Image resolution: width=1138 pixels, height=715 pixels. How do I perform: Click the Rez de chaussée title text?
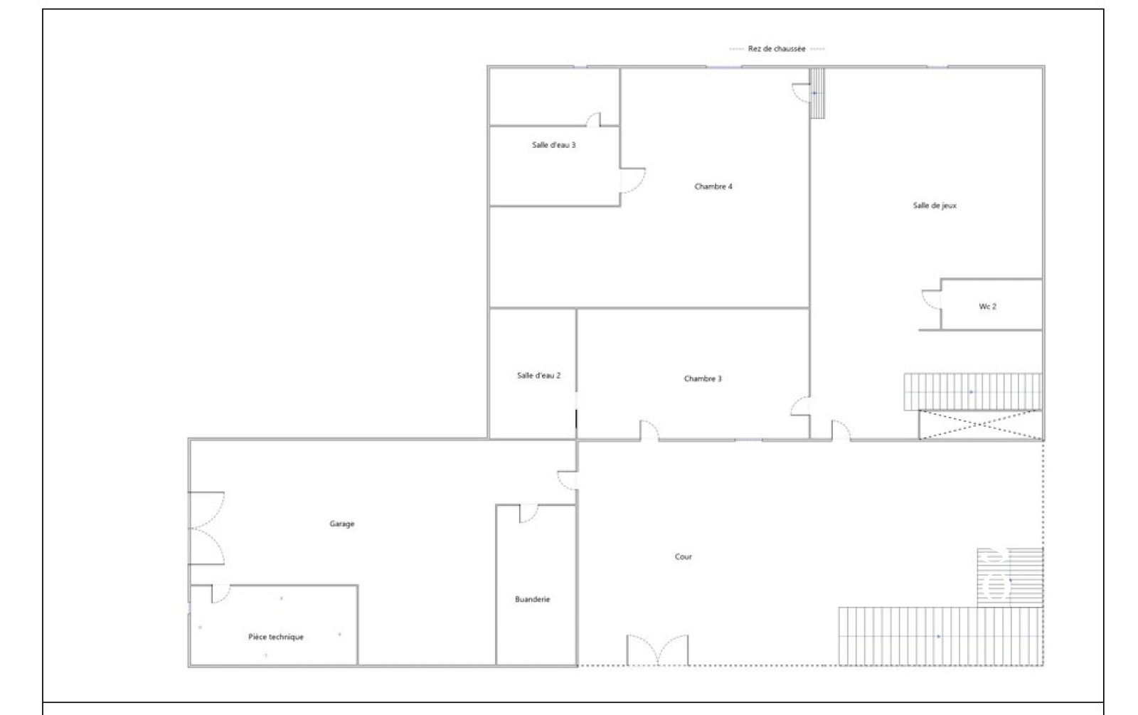coord(776,49)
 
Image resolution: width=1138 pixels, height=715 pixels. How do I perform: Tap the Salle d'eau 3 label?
coord(554,145)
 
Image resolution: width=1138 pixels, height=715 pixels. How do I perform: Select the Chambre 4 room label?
coord(713,186)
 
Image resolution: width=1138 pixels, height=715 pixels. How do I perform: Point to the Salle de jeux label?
coord(935,206)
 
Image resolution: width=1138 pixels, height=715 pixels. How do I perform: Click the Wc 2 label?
coord(988,307)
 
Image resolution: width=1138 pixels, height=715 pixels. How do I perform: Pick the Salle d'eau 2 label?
coord(538,376)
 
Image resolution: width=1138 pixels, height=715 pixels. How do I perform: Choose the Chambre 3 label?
coord(703,378)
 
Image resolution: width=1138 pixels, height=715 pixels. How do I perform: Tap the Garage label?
coord(342,524)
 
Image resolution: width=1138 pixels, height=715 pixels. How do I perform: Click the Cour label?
coord(684,556)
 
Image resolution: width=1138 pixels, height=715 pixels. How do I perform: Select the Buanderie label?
coord(533,599)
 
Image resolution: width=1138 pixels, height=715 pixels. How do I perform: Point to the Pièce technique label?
coord(276,637)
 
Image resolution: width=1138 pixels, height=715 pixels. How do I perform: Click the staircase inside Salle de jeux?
coord(972,392)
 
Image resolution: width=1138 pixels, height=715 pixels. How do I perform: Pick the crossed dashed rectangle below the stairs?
coord(981,424)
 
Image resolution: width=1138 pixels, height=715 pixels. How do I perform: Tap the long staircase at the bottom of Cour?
coord(940,636)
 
